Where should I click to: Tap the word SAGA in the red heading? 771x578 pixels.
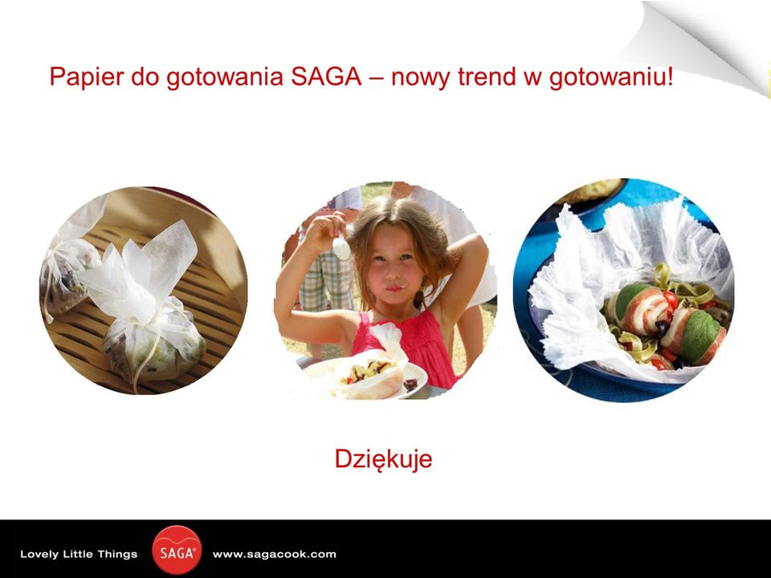coord(326,76)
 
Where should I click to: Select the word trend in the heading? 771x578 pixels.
coord(487,77)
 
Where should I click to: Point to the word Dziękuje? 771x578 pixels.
coord(384,459)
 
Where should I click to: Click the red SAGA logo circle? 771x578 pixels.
coord(177,551)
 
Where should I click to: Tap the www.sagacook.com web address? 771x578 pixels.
coord(275,555)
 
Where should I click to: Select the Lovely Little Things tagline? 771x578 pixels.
coord(79,555)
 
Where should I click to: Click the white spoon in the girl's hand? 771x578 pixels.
coord(341,247)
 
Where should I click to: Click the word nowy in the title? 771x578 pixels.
coord(419,77)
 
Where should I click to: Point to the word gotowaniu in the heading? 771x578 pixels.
coord(607,77)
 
